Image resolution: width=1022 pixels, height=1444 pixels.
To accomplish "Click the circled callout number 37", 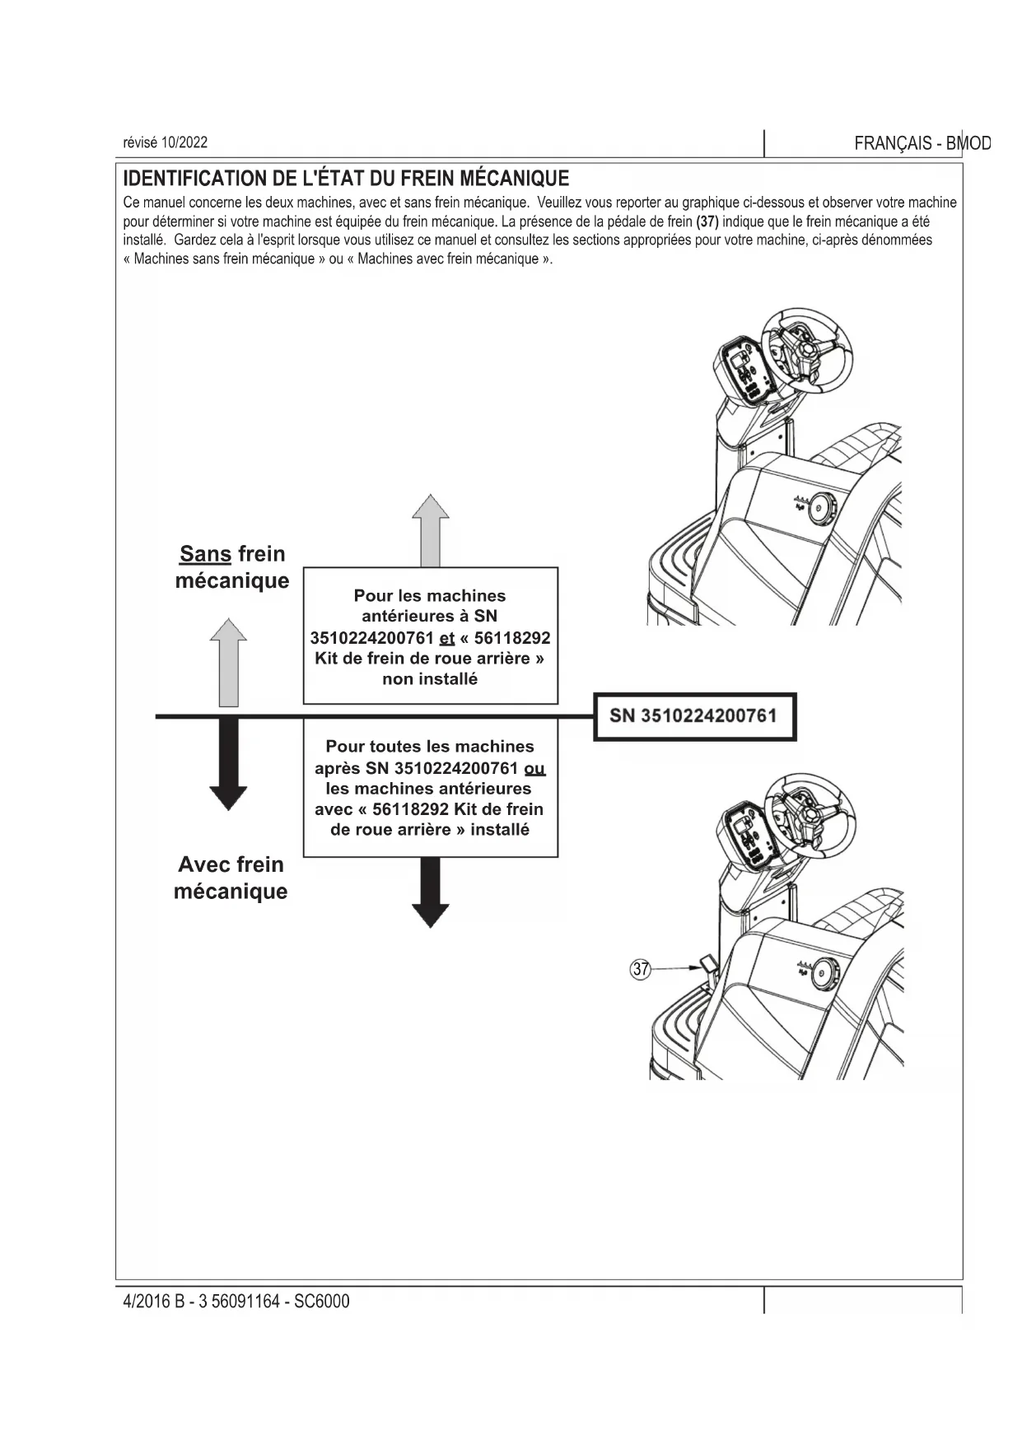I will pos(640,969).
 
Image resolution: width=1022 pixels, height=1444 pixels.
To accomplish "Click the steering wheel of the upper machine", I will pos(804,346).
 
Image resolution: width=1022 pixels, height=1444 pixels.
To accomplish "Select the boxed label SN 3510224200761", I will pos(694,716).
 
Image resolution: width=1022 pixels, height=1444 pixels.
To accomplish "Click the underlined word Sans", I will pos(205,554).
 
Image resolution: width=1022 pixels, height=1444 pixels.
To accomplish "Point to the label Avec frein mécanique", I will pos(231,878).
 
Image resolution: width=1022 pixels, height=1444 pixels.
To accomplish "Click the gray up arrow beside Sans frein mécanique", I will pos(228,663).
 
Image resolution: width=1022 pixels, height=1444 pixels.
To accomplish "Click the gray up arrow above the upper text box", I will pos(430,530).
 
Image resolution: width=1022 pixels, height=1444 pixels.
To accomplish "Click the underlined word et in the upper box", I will pos(447,638).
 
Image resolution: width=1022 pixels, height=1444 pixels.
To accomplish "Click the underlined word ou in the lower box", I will pos(534,768).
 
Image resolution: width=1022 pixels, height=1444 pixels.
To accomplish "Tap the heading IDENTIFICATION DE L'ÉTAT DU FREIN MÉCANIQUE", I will pos(346,179).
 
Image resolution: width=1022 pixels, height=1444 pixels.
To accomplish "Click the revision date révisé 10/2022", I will pos(166,142).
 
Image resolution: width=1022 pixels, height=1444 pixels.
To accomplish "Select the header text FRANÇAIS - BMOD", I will pos(922,143).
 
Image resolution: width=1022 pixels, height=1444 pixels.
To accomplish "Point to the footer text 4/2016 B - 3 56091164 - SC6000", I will pos(236,1302).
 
